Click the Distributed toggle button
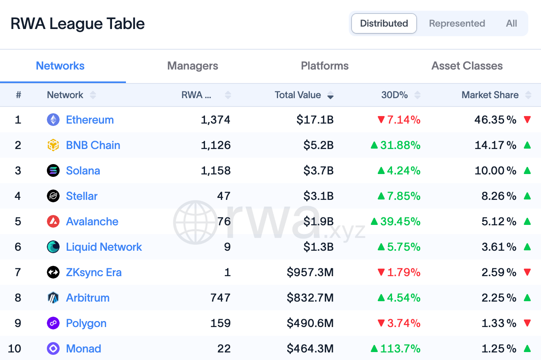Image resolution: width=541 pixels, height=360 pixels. [384, 23]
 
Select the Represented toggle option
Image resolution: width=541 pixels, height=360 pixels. [457, 23]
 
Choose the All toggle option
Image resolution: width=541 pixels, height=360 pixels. [511, 23]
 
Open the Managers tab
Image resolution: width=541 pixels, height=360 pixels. [193, 66]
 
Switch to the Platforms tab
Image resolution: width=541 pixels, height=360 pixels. [325, 66]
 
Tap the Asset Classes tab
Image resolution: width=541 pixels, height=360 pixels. [467, 66]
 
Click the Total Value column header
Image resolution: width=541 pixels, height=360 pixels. [298, 95]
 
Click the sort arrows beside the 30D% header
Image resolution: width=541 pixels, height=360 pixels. [417, 95]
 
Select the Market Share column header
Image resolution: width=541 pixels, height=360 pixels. [490, 95]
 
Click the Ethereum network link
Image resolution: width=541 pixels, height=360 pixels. [90, 120]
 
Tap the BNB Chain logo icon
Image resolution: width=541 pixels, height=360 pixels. [53, 145]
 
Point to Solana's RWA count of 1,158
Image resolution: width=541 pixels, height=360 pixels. [216, 170]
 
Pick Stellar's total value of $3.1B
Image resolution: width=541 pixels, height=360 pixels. [318, 196]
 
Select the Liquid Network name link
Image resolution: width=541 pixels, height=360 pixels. [104, 247]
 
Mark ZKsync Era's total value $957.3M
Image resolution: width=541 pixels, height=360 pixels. [310, 272]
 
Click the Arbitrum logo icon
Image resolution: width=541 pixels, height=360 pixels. [53, 298]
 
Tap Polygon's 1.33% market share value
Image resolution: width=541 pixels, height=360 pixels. [499, 323]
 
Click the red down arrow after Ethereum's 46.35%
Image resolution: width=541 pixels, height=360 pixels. [527, 119]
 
